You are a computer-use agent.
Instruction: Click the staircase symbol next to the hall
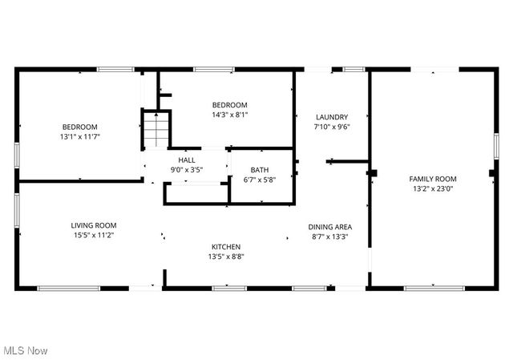pyautogui.click(x=157, y=130)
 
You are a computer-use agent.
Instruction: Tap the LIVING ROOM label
pyautogui.click(x=94, y=225)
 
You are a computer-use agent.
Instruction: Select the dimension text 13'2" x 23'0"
pyautogui.click(x=433, y=189)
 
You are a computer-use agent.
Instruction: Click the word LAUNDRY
pyautogui.click(x=331, y=117)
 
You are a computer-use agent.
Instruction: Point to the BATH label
pyautogui.click(x=259, y=169)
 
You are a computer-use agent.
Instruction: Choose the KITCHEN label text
pyautogui.click(x=226, y=246)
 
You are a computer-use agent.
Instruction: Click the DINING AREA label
pyautogui.click(x=330, y=226)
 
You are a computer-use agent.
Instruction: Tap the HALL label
pyautogui.click(x=187, y=160)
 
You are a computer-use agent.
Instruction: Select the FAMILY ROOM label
pyautogui.click(x=433, y=179)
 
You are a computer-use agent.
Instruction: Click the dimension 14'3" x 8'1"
pyautogui.click(x=229, y=115)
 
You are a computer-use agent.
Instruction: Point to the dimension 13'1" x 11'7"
pyautogui.click(x=80, y=136)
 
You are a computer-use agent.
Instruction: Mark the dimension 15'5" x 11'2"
pyautogui.click(x=94, y=235)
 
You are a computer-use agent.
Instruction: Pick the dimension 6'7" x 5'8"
pyautogui.click(x=259, y=180)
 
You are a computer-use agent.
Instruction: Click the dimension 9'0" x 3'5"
pyautogui.click(x=187, y=170)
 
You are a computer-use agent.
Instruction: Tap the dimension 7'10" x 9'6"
pyautogui.click(x=331, y=127)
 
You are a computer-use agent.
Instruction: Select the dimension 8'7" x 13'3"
pyautogui.click(x=330, y=236)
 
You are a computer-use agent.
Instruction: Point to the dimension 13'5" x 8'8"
pyautogui.click(x=226, y=257)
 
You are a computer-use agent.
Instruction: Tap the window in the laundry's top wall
pyautogui.click(x=353, y=69)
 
